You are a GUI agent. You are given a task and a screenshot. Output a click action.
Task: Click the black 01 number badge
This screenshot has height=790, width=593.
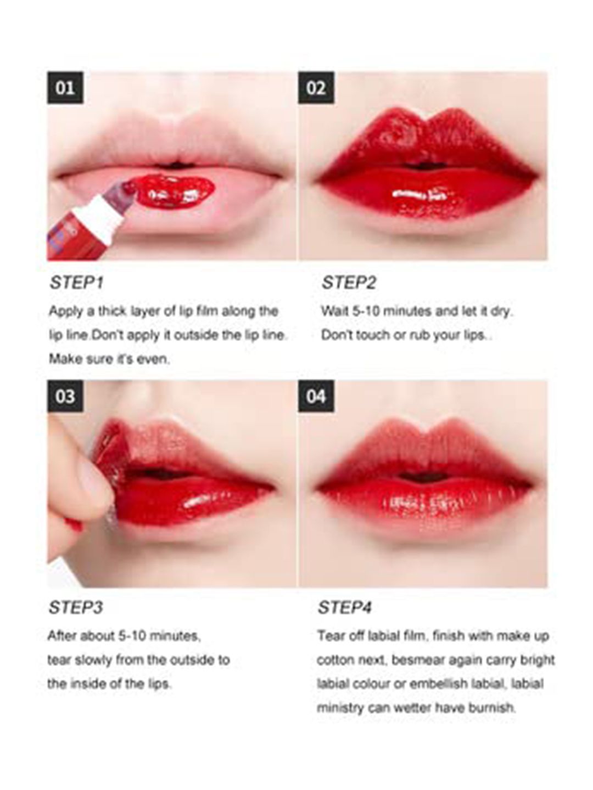point(65,88)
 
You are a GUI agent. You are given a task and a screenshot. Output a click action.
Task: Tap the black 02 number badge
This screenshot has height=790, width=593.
point(316,88)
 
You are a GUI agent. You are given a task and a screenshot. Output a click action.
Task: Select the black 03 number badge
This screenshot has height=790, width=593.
point(65,396)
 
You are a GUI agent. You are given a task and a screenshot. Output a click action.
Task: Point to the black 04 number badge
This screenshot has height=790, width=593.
point(316,396)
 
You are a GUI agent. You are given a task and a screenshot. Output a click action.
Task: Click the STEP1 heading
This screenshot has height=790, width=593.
point(77,283)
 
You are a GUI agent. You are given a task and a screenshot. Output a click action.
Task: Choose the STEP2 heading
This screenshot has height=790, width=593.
point(349,283)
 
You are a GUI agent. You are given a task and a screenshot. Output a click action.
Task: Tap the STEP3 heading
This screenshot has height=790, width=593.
point(76,607)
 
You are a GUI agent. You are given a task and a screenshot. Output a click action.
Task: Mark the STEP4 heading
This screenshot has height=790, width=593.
point(345,607)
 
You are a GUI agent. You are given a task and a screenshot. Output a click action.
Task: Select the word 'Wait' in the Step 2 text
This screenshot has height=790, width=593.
point(334,311)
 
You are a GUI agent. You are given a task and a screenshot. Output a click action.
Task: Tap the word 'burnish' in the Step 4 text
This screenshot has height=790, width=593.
point(492,708)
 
